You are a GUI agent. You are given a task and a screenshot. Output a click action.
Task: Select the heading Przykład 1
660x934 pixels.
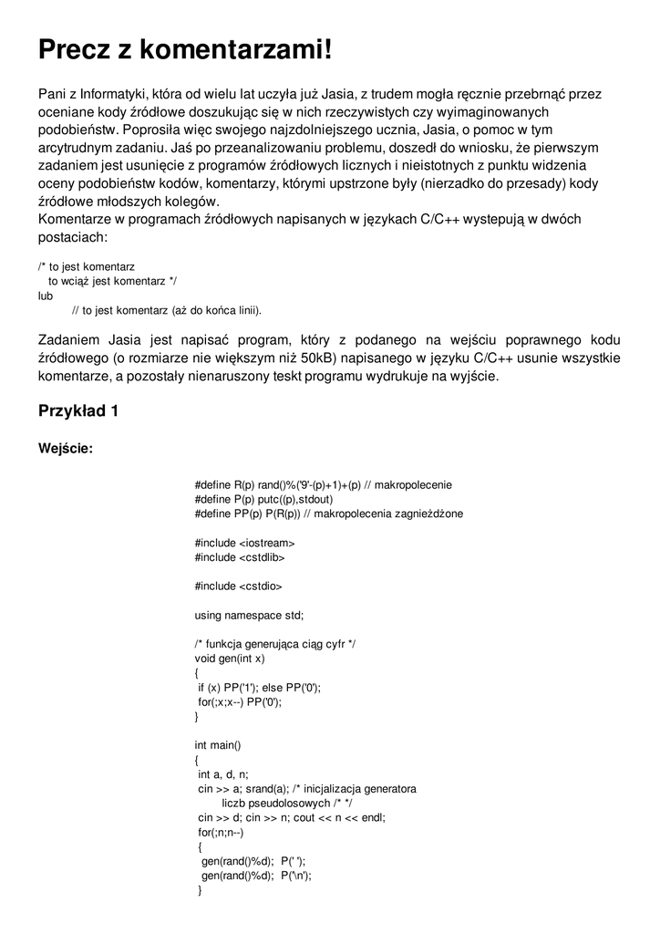pyautogui.click(x=78, y=410)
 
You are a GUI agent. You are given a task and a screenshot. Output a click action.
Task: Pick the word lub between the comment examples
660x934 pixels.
pyautogui.click(x=46, y=296)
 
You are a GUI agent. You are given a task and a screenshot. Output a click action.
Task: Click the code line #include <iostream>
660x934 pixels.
pyautogui.click(x=244, y=543)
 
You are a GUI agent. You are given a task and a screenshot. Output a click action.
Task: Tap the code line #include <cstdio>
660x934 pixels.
pyautogui.click(x=239, y=586)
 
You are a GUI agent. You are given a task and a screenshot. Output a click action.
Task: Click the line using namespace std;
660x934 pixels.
pyautogui.click(x=249, y=615)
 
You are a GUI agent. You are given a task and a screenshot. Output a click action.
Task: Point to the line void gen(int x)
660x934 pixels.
pyautogui.click(x=230, y=659)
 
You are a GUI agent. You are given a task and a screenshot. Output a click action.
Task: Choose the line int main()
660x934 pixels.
pyautogui.click(x=218, y=744)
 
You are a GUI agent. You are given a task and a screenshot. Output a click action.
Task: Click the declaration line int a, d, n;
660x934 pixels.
pyautogui.click(x=223, y=773)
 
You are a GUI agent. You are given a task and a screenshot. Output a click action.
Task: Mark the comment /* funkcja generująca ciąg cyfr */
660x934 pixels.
pyautogui.click(x=275, y=644)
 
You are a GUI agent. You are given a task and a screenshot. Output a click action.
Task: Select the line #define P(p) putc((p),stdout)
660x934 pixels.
pyautogui.click(x=263, y=499)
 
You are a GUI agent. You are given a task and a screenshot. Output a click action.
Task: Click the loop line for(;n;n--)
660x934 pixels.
pyautogui.click(x=221, y=832)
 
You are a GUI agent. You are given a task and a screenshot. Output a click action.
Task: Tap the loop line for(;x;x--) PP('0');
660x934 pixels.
pyautogui.click(x=240, y=701)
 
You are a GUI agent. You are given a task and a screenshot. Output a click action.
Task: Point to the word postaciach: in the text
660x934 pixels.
pyautogui.click(x=73, y=237)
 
